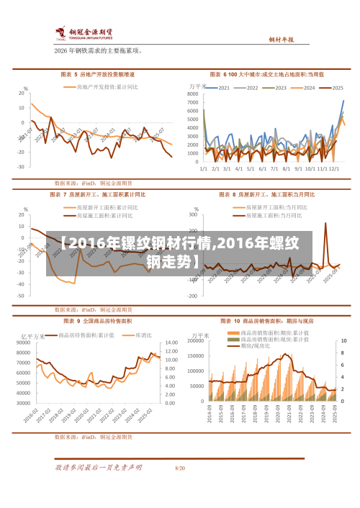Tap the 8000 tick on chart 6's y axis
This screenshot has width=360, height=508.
193,94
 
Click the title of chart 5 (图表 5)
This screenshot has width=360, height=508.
98,74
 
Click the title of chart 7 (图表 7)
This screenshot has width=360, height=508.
98,194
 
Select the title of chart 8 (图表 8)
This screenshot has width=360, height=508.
256,194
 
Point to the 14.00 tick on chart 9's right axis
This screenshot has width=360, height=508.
171,343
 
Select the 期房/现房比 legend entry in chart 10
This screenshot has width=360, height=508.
256,346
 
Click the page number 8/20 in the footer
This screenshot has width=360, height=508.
180,468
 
